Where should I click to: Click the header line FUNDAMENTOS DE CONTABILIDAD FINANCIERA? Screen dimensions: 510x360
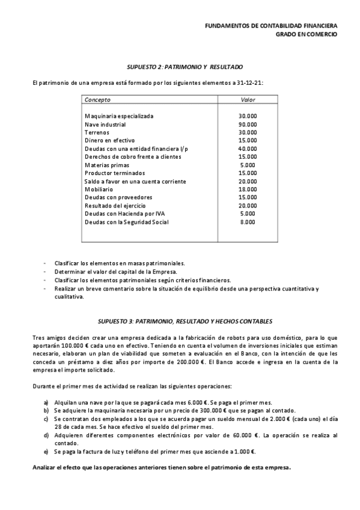[270, 26]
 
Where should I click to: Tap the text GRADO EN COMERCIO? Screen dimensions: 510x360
[306, 34]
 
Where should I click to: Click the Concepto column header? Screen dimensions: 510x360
[97, 99]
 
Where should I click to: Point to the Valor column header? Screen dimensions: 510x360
[248, 99]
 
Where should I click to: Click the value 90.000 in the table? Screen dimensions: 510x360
[247, 124]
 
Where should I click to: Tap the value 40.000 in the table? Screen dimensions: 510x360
[247, 149]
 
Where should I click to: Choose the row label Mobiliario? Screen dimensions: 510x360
[98, 189]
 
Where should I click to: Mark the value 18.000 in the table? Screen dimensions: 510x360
[247, 189]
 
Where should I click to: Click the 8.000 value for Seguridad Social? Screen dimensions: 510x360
[247, 222]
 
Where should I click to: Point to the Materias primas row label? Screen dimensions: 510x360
[106, 165]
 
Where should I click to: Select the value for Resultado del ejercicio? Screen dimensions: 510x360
[247, 206]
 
